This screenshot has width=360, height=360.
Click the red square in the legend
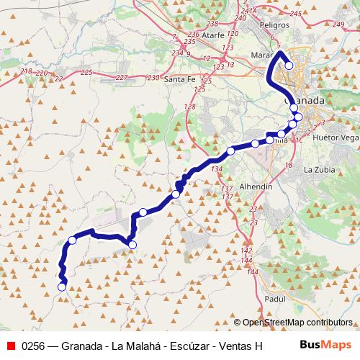tap(11, 346)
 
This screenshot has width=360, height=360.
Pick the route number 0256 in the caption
tap(35, 346)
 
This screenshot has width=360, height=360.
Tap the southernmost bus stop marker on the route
tap(61, 287)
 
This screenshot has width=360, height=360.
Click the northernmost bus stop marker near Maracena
tap(289, 66)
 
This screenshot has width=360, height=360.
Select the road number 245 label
tap(294, 14)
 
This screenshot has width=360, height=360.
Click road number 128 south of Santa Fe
tap(189, 107)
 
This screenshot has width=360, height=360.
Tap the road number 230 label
tap(152, 78)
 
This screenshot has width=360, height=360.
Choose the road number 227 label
tap(121, 77)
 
